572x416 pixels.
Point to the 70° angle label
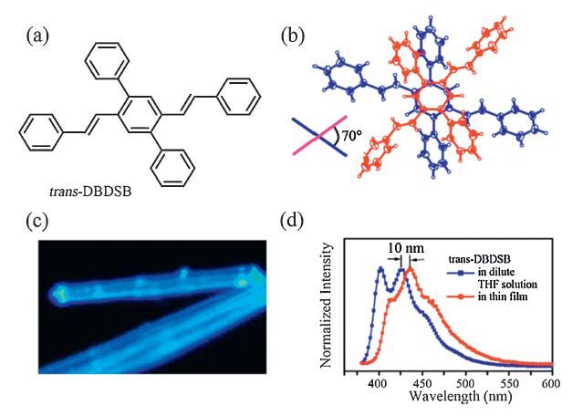point(351,138)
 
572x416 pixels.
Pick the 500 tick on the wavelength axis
point(466,383)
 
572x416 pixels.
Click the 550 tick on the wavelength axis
point(509,383)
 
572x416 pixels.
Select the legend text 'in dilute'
point(493,271)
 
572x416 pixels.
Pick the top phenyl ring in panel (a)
point(101,67)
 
